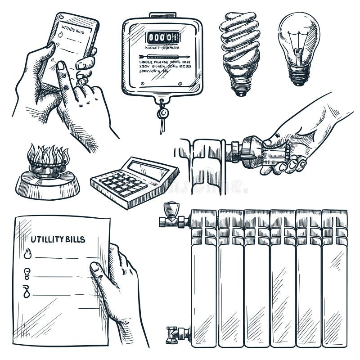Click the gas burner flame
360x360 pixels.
pyautogui.click(x=48, y=156)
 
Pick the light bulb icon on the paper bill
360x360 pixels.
pyautogui.click(x=27, y=271)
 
